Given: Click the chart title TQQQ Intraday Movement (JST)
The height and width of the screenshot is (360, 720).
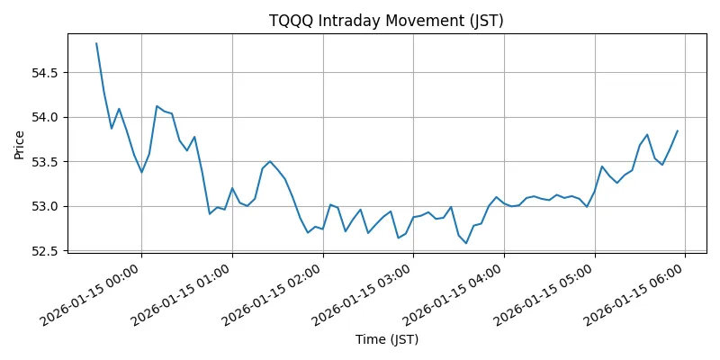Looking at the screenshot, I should point(386,21).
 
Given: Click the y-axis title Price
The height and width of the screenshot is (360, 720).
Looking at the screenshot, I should point(19,143).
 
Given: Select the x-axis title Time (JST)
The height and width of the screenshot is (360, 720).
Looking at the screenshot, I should point(386,339).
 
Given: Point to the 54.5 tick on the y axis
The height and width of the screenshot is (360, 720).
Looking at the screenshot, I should point(45,72).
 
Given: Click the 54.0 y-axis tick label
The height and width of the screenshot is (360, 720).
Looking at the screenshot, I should point(45,117).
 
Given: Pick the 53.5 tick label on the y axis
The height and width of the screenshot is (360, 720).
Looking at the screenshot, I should point(45,162).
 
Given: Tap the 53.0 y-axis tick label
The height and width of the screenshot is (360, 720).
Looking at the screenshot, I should point(45,206).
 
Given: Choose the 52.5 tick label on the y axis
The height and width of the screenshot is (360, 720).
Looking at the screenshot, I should point(45,251).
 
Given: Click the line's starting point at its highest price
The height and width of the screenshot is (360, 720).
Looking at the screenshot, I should point(96,43).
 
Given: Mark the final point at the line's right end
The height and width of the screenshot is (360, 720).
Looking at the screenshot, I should point(678,130).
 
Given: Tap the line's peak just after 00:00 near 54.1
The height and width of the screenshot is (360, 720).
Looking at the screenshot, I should point(157,106).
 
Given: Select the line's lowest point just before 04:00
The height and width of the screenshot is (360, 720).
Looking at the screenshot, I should point(466,243).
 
